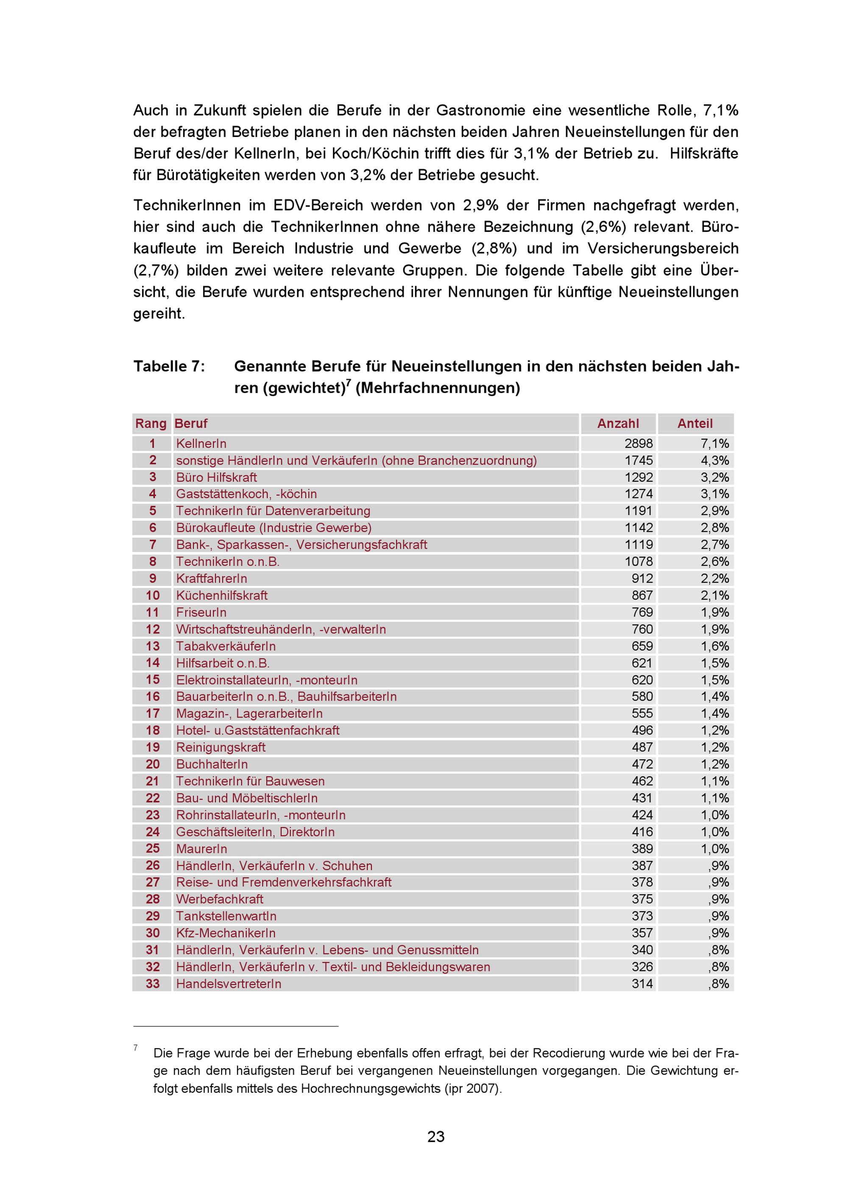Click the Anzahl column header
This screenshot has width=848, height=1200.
click(618, 423)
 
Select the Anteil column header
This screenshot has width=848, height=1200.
click(695, 423)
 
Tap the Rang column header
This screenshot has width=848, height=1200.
click(151, 423)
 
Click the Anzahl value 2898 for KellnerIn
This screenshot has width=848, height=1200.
click(639, 444)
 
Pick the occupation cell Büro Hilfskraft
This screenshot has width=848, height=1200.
click(216, 477)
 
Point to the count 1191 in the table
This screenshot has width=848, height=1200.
click(639, 511)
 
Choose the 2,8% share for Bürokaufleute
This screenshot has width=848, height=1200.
click(714, 528)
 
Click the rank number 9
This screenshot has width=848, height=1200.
click(153, 578)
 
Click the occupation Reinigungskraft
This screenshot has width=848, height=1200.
click(220, 748)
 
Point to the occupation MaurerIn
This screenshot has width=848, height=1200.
click(202, 849)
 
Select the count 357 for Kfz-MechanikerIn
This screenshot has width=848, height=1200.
click(642, 933)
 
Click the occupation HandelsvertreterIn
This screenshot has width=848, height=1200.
click(229, 984)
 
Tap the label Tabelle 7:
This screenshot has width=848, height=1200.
click(169, 366)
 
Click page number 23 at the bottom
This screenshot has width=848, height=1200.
click(436, 1137)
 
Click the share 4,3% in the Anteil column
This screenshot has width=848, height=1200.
click(714, 460)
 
